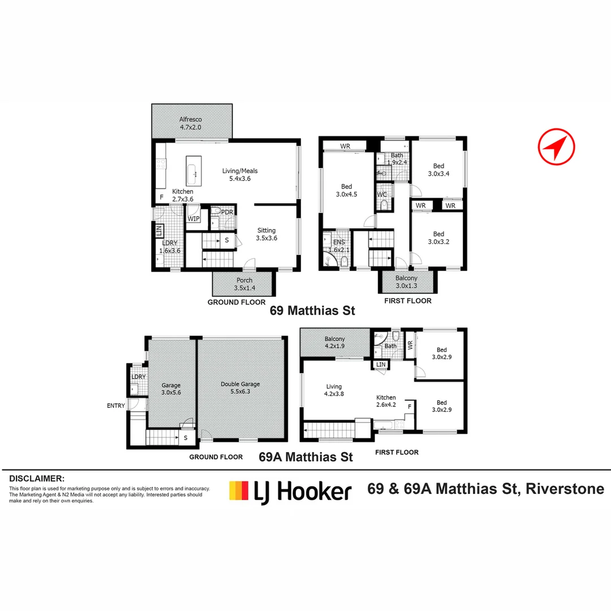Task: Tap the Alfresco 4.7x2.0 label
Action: click(x=191, y=123)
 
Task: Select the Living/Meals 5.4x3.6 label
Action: click(x=243, y=175)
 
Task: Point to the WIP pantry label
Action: click(x=193, y=218)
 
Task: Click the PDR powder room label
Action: click(x=227, y=212)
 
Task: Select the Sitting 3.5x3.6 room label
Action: click(x=266, y=234)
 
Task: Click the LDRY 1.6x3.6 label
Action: click(x=170, y=247)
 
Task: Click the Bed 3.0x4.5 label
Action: click(x=346, y=191)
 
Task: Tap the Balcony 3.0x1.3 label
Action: click(x=407, y=282)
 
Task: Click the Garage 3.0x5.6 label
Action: click(x=170, y=389)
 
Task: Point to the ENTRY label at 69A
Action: click(x=115, y=406)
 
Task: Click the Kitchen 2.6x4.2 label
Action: click(x=386, y=401)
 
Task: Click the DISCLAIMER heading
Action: click(x=37, y=479)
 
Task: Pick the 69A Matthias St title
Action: click(x=305, y=457)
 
